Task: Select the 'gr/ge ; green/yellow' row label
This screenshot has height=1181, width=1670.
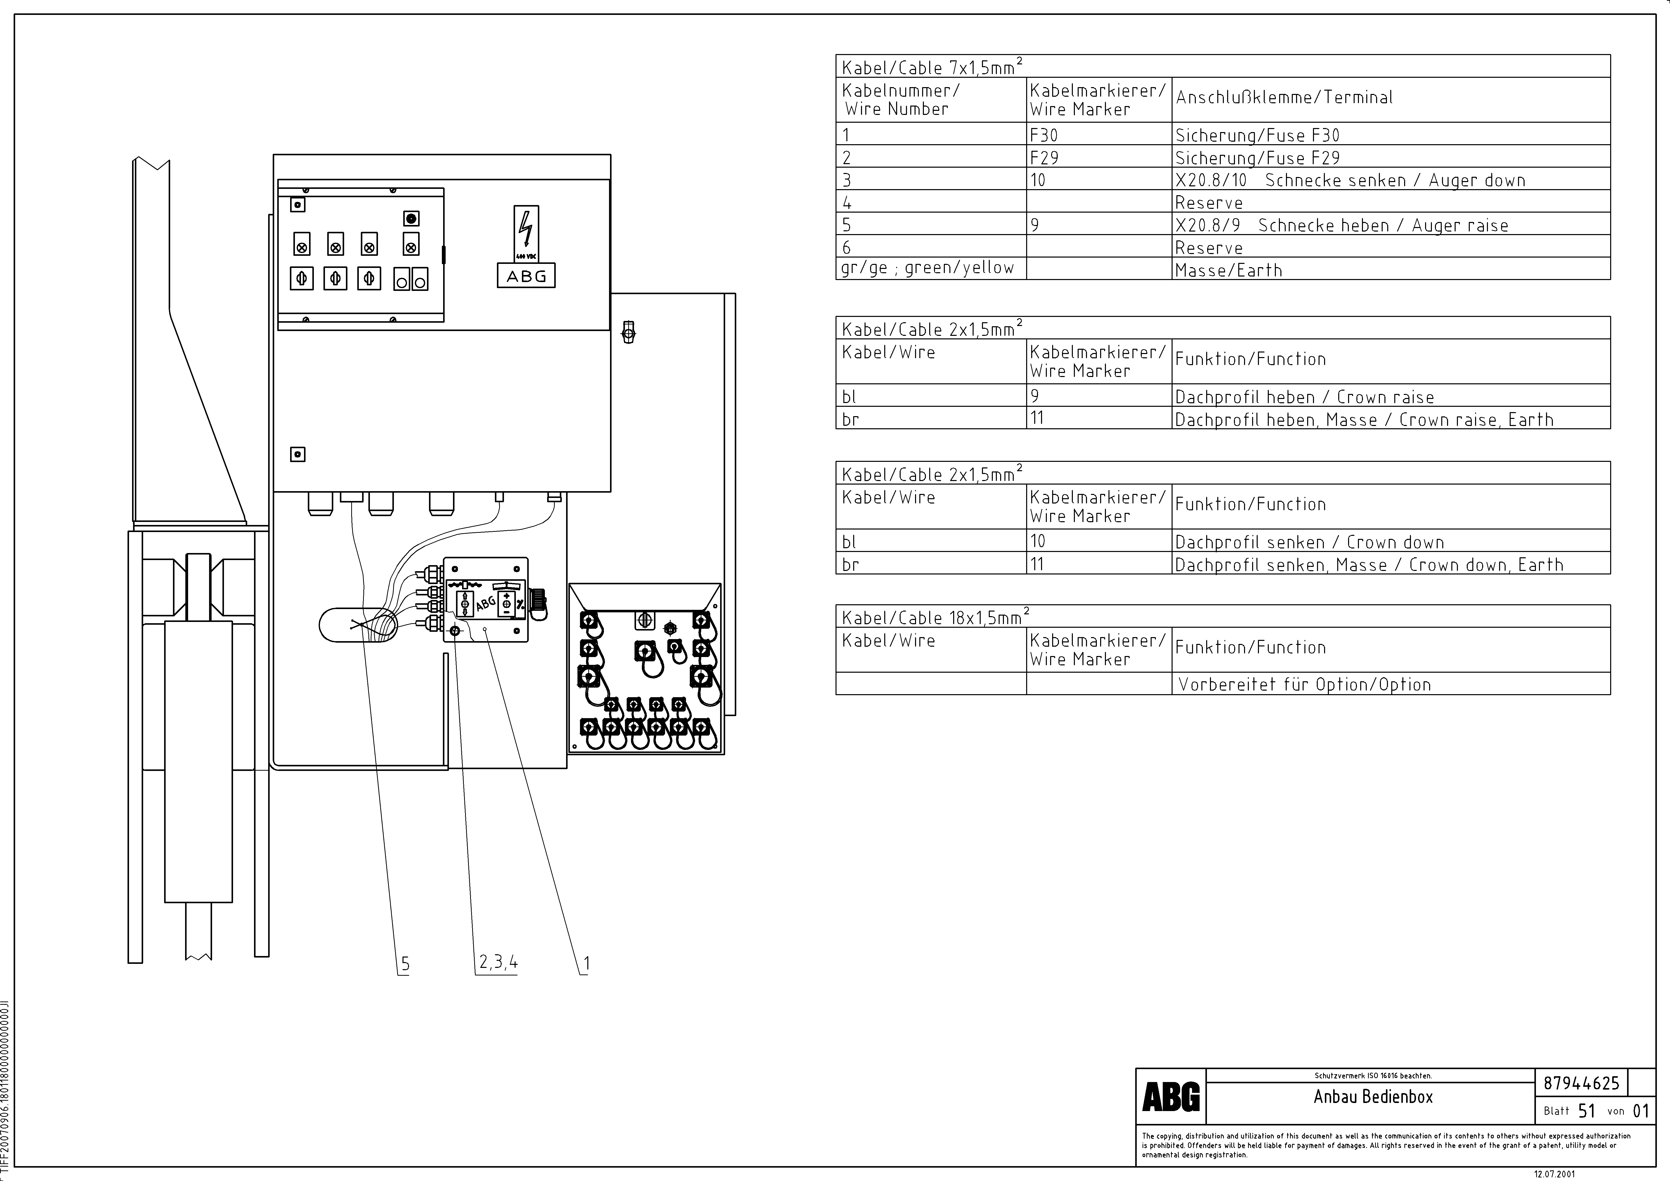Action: (x=927, y=268)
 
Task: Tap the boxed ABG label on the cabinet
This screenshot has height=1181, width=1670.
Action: (x=526, y=276)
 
